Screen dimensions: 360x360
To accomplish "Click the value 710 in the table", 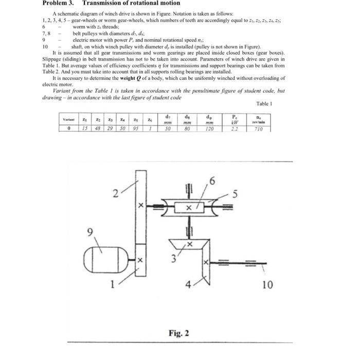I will click(258, 129).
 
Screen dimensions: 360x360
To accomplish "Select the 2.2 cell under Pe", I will click(234, 129).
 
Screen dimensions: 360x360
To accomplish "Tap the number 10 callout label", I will click(267, 284).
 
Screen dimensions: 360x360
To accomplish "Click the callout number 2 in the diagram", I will click(116, 194).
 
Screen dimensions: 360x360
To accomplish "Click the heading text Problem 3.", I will click(59, 4).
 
